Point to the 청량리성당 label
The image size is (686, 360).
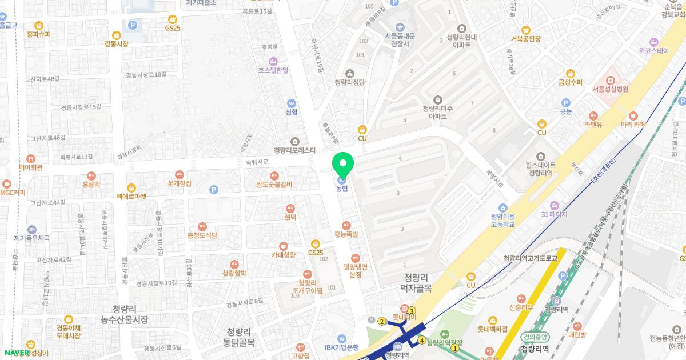click(x=349, y=82)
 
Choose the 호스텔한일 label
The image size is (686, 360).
click(x=273, y=70)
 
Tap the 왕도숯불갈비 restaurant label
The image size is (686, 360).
click(x=274, y=185)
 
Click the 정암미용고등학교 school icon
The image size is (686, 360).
click(x=502, y=207)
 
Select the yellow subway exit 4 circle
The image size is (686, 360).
click(x=421, y=341)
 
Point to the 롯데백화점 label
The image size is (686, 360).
click(x=492, y=329)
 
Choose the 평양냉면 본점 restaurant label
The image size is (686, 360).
click(x=356, y=270)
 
